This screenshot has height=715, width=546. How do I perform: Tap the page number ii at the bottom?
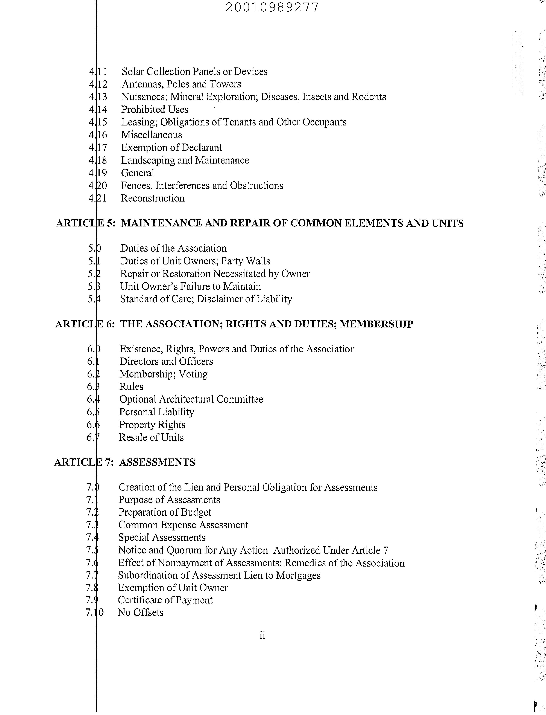[262, 635]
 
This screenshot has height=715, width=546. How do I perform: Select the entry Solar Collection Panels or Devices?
[194, 72]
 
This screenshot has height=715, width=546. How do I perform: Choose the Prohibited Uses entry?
[155, 110]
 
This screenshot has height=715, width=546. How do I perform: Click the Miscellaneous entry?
[152, 135]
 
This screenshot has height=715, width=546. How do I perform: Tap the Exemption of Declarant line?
[171, 148]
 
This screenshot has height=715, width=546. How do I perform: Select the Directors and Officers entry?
[166, 361]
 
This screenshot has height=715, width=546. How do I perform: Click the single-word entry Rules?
[131, 387]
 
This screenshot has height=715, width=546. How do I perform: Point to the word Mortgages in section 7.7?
[298, 575]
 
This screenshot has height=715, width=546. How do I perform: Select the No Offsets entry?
[140, 613]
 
